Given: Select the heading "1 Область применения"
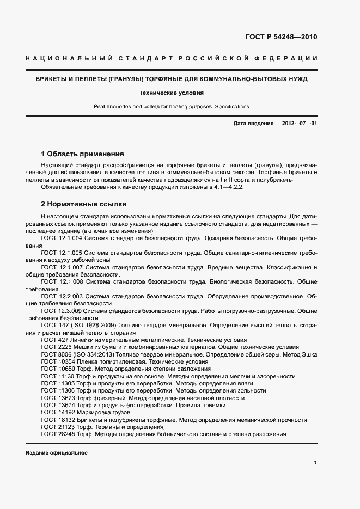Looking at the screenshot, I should tap(83, 154).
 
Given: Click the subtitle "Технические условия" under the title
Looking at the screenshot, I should tap(172, 93).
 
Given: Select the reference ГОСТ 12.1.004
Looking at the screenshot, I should tap(62, 238).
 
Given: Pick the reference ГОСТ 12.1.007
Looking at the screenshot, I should tap(62, 268).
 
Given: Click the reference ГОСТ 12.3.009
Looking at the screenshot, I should tap(62, 310).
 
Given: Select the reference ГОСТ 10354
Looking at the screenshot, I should tap(58, 361).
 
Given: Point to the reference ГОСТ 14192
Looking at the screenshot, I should tap(58, 413).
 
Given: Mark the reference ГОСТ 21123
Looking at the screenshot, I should tap(58, 427).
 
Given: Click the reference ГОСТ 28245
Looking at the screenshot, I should tap(58, 434).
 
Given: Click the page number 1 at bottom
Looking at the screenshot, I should tap(315, 463).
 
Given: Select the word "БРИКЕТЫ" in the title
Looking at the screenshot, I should tap(52, 79).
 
